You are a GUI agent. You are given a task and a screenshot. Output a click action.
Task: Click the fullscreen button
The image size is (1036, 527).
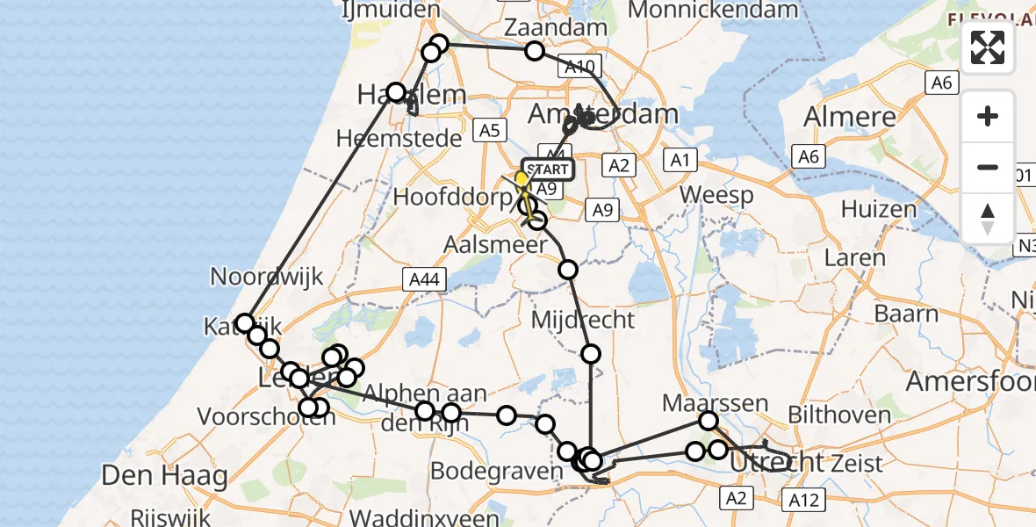988,47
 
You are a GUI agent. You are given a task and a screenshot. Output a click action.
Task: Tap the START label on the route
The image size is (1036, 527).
550,169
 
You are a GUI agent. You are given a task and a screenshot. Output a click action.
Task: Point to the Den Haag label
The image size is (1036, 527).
165,476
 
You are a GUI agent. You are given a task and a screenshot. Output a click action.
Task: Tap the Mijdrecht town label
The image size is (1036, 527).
583,320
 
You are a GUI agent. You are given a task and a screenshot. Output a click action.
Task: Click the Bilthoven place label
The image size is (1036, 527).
838,414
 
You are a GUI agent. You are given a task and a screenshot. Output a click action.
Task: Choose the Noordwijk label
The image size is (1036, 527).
267,277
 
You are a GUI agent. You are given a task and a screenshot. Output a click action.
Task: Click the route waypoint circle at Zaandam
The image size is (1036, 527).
535,51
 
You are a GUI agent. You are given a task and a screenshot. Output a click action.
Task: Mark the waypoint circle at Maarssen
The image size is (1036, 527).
709,421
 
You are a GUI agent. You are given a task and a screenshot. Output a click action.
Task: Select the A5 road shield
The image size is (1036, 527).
488,130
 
